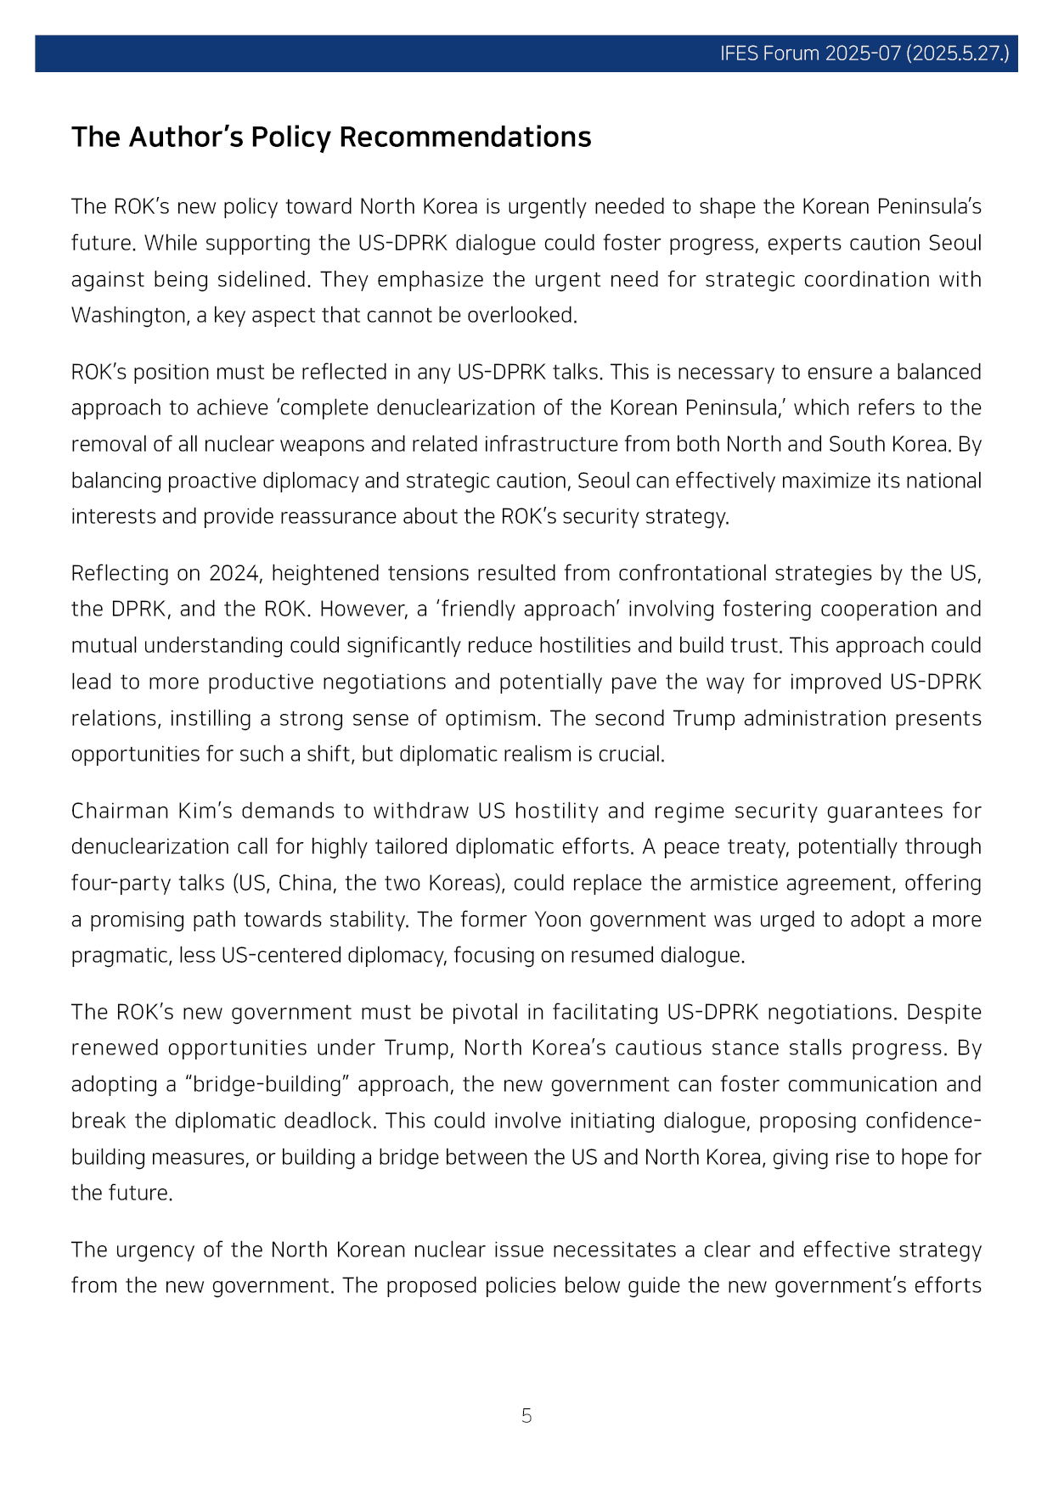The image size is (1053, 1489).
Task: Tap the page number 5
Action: (526, 1415)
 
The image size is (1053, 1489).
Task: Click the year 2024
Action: (234, 573)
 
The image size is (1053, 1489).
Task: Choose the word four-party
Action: (108, 883)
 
